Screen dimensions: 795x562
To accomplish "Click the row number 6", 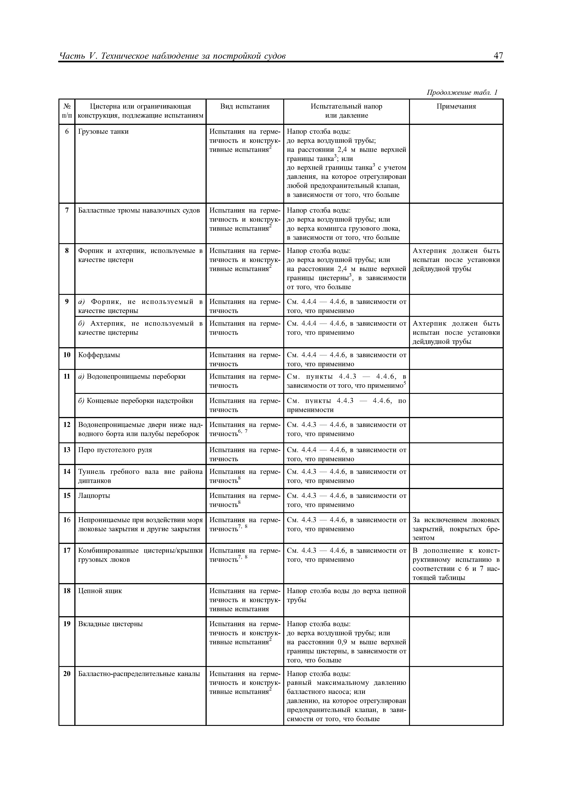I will (x=67, y=132).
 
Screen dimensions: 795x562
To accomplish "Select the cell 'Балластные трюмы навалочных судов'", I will (x=139, y=211).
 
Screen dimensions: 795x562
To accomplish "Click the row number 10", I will (x=67, y=355).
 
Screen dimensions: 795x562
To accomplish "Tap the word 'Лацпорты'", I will (x=94, y=496).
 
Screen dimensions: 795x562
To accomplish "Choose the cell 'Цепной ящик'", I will (x=100, y=591).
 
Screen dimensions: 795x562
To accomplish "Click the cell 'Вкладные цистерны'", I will (x=110, y=624).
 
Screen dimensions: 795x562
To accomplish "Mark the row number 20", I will (x=67, y=674).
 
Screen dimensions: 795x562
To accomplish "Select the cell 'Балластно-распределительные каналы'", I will (x=139, y=674).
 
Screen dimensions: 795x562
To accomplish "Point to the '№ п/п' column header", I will (x=67, y=111).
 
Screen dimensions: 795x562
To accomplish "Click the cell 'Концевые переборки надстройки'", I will (x=136, y=401).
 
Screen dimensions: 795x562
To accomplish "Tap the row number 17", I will (x=67, y=550).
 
